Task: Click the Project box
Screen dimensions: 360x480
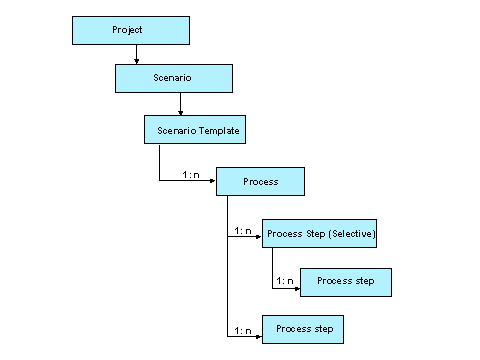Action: pos(130,30)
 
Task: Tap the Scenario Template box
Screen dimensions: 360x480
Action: pos(199,131)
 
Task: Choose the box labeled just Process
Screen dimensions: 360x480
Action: pos(260,182)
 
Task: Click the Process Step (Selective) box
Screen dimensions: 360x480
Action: pos(320,234)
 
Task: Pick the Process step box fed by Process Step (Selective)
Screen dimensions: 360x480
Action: pos(345,282)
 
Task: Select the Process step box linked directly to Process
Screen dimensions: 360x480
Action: pos(303,329)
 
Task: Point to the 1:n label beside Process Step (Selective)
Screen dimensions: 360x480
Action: pos(242,231)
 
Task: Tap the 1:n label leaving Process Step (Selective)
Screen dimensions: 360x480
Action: pos(285,280)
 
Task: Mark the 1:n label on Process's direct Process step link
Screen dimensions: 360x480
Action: pos(242,330)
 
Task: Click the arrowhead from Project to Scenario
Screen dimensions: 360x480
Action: pos(136,61)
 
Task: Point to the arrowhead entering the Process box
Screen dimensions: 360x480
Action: pos(213,182)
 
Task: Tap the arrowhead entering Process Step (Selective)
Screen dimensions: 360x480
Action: pos(258,238)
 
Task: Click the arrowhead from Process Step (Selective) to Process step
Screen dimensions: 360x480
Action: pos(296,287)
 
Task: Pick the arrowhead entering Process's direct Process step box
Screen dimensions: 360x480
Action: pos(258,336)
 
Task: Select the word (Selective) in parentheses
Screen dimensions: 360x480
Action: pos(350,234)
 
